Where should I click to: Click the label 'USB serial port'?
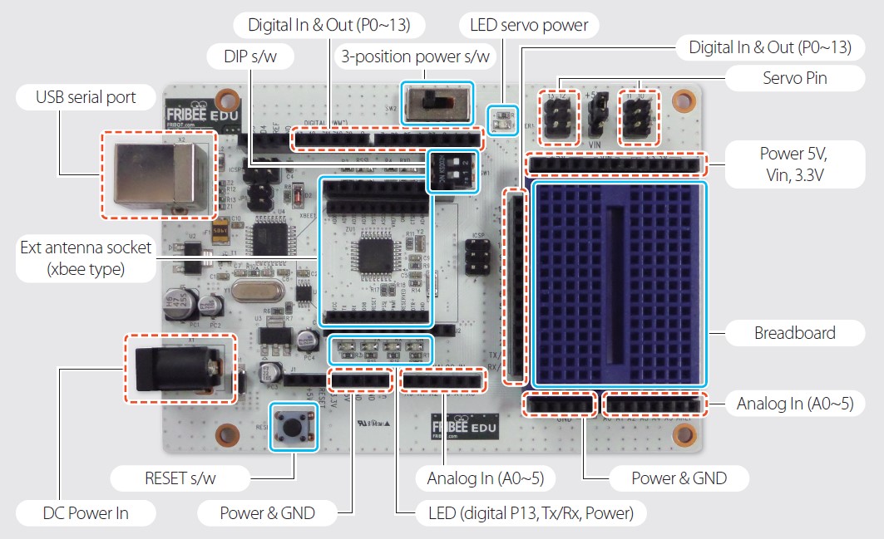click(x=86, y=98)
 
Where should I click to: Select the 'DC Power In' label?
click(x=86, y=513)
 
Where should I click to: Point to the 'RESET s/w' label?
click(x=180, y=478)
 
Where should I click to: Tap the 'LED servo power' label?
click(x=529, y=25)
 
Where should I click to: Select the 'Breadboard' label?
click(x=794, y=334)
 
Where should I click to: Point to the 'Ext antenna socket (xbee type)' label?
click(x=86, y=257)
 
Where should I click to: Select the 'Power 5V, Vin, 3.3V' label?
click(x=793, y=164)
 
